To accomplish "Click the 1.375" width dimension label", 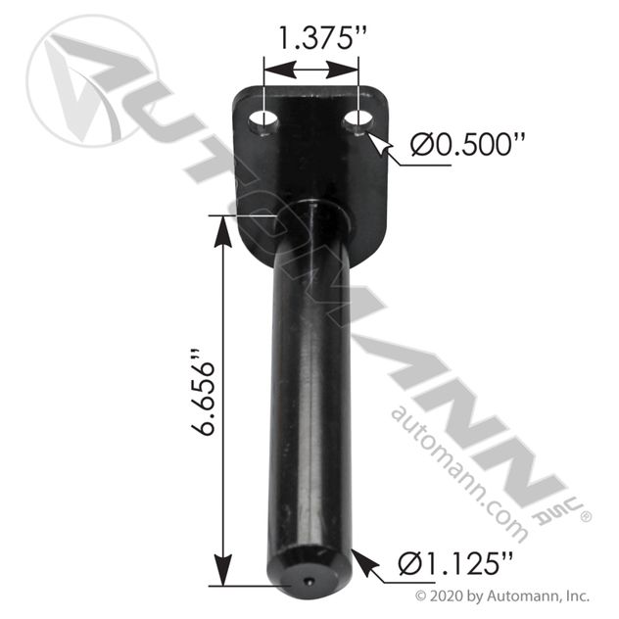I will click(x=311, y=41).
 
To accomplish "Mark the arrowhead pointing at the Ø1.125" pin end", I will click(x=359, y=561).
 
